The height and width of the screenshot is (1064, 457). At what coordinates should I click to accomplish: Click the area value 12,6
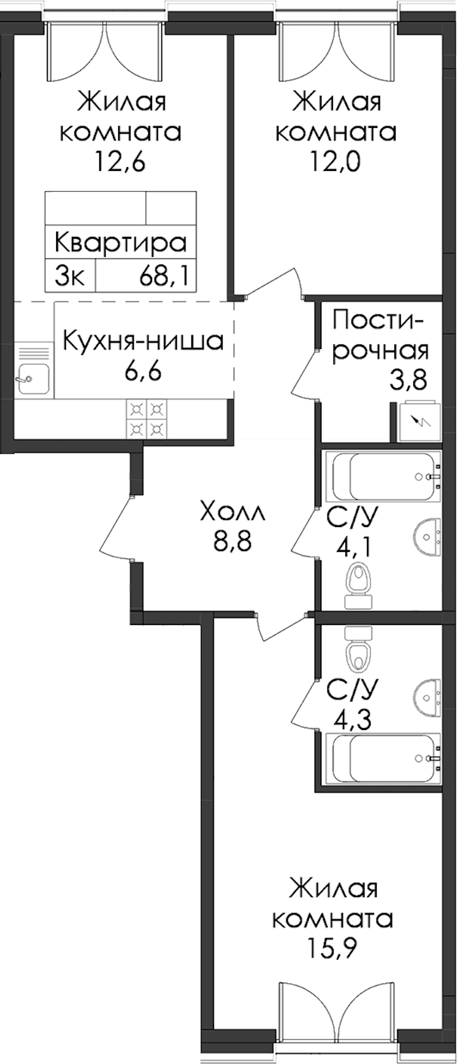pyautogui.click(x=120, y=162)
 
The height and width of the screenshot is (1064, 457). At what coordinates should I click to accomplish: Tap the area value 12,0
pyautogui.click(x=335, y=162)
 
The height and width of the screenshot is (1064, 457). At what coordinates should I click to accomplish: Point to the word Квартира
pyautogui.click(x=121, y=243)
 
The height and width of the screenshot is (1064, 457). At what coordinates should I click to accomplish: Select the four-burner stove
pyautogui.click(x=146, y=419)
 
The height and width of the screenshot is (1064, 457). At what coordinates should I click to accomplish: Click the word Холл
pyautogui.click(x=232, y=513)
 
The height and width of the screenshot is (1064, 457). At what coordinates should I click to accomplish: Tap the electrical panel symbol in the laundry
pyautogui.click(x=420, y=421)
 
